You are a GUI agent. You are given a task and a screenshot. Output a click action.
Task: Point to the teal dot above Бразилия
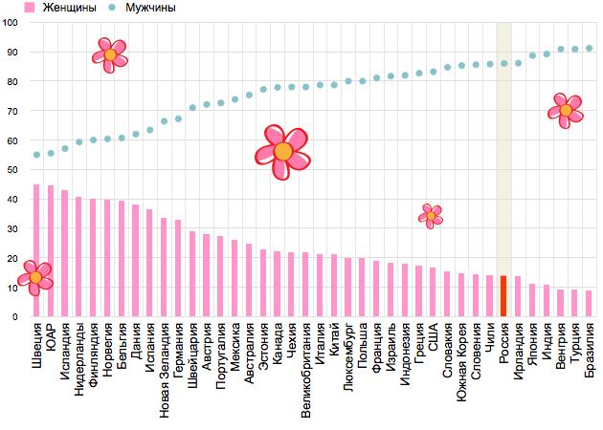click(589, 48)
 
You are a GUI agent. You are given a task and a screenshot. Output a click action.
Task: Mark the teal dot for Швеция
click(36, 154)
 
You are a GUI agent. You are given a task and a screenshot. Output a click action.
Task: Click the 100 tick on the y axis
click(11, 23)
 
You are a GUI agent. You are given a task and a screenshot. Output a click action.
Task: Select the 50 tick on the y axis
click(11, 170)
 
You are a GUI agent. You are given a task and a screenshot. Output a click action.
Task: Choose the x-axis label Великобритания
click(305, 369)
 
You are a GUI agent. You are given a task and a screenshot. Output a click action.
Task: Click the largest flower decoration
click(283, 151)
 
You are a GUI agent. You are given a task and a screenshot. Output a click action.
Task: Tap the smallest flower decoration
click(431, 216)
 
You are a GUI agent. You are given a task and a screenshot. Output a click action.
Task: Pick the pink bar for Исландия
click(64, 253)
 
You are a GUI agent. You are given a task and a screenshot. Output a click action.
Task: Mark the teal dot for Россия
click(503, 64)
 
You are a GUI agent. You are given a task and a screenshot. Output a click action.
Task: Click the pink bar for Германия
click(178, 268)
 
